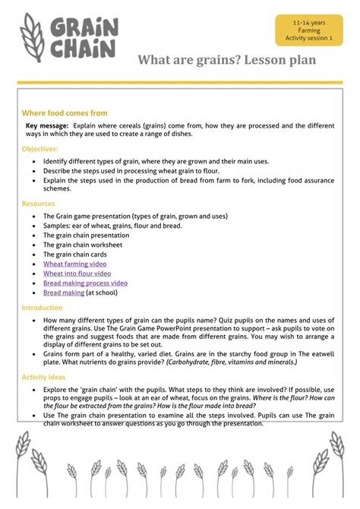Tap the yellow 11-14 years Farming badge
(309, 30)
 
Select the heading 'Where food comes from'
(65, 112)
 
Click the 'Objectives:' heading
(40, 149)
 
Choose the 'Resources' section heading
(38, 204)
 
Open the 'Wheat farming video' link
(75, 264)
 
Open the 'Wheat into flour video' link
(77, 273)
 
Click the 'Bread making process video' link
(85, 283)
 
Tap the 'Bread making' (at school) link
(64, 292)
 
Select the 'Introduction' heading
(43, 308)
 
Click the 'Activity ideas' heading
(44, 377)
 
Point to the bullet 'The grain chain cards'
(74, 254)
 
